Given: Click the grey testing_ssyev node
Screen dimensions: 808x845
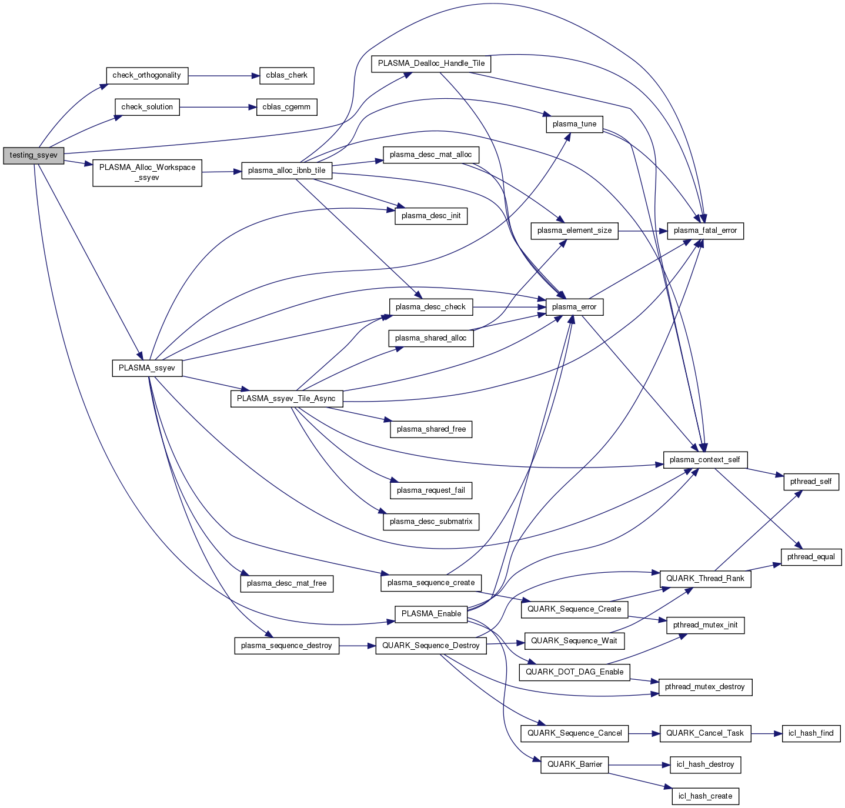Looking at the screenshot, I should (x=34, y=155).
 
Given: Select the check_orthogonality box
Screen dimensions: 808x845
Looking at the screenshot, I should (x=147, y=75).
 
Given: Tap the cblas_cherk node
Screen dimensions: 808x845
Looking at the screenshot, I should (x=286, y=75).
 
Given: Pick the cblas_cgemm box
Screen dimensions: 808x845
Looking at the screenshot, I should (x=286, y=107).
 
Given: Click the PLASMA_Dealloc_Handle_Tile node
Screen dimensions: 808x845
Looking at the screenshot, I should (x=431, y=64).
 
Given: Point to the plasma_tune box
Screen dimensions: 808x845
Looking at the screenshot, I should (x=575, y=124).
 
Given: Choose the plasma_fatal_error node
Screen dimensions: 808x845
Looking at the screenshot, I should (x=705, y=231).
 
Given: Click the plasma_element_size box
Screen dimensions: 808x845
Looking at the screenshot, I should (x=575, y=231).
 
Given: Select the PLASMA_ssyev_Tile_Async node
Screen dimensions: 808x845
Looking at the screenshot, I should (x=286, y=399).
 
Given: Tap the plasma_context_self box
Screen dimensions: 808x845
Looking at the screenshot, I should (x=705, y=460).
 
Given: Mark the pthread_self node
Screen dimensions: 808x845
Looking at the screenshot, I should (x=811, y=482).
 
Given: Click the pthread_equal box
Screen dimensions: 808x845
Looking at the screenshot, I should (x=811, y=557).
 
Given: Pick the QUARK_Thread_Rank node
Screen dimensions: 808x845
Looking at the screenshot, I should (x=705, y=579).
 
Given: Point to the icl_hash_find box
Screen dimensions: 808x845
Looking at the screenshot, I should (x=811, y=733).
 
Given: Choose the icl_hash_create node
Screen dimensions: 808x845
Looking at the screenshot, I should (x=705, y=796).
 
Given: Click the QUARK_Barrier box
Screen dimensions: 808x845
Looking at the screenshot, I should (x=575, y=764).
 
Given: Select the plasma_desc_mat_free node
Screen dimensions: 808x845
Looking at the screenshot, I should (x=286, y=583).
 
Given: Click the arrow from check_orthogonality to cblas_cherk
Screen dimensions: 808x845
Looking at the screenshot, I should (x=223, y=76).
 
